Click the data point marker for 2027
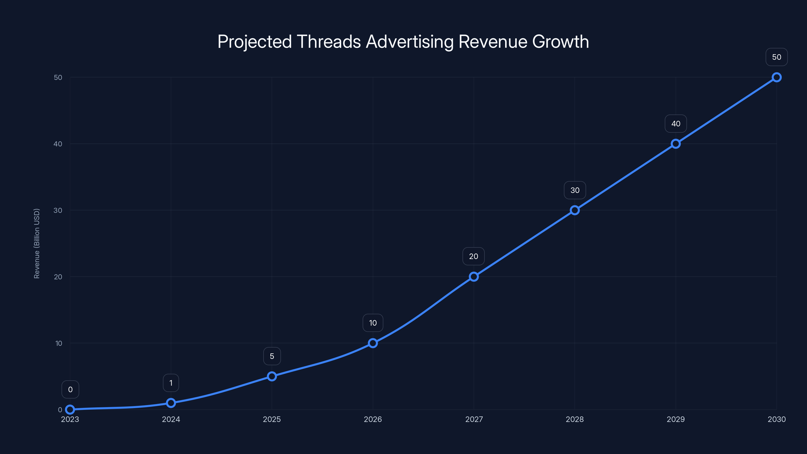[x=474, y=277]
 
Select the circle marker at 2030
[x=777, y=77]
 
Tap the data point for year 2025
[x=272, y=376]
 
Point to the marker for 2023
[x=70, y=410]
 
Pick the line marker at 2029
[x=676, y=144]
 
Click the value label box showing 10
[x=373, y=323]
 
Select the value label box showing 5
[x=272, y=356]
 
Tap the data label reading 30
[x=575, y=190]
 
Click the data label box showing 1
[x=171, y=383]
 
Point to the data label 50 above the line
[x=777, y=57]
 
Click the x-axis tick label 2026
[x=373, y=419]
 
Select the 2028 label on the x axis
[x=575, y=419]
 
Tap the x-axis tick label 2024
[x=171, y=419]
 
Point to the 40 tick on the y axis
[x=58, y=144]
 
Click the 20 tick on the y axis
[x=58, y=277]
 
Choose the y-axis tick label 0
[x=60, y=410]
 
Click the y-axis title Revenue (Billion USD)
[x=37, y=243]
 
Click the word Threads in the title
[x=329, y=42]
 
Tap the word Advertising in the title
[x=410, y=42]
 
